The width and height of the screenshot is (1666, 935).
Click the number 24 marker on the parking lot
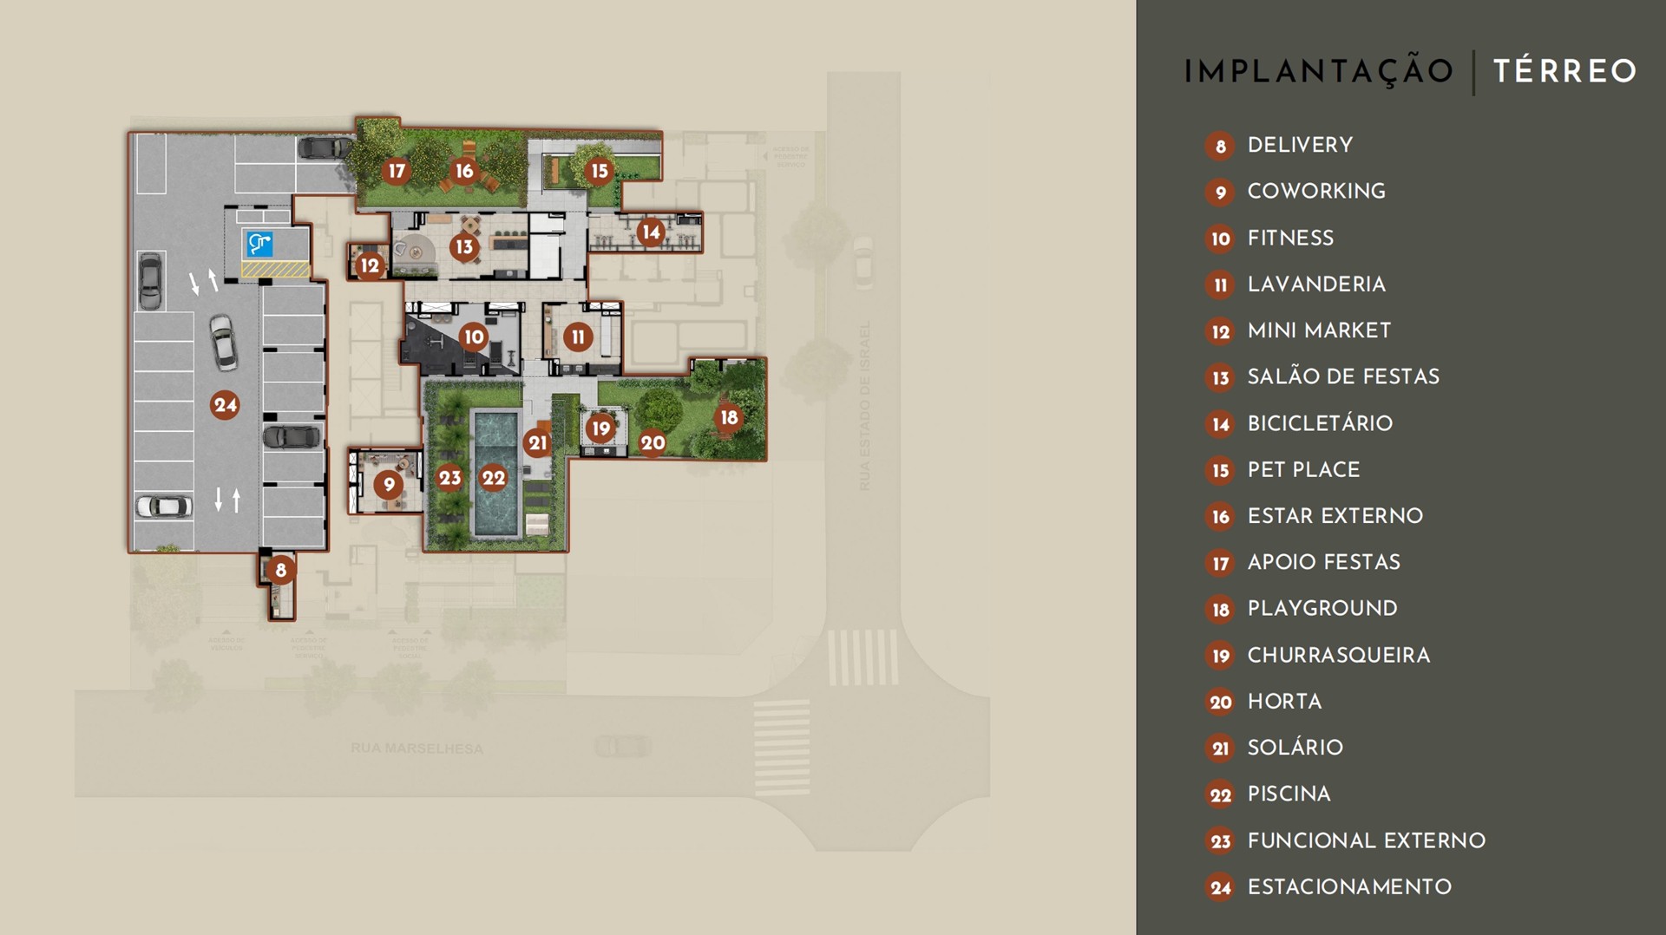(225, 404)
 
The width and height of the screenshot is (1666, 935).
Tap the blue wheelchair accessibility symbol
(259, 244)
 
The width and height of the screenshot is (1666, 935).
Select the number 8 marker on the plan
(280, 570)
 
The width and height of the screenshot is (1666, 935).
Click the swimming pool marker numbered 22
(494, 477)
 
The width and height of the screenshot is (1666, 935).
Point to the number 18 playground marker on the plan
(729, 417)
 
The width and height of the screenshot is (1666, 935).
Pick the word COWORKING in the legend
(1315, 191)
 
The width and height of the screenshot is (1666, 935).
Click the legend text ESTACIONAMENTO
(1348, 886)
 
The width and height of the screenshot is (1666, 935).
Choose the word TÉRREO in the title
(1564, 71)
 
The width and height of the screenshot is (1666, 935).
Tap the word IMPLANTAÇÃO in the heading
(1318, 71)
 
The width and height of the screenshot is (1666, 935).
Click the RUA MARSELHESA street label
(416, 748)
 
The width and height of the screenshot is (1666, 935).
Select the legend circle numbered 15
(1220, 470)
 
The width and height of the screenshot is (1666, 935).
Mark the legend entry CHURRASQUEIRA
(1338, 655)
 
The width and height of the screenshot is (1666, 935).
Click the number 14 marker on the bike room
(651, 232)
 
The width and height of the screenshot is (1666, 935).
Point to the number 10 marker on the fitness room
(474, 337)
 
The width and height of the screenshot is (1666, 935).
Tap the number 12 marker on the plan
(371, 265)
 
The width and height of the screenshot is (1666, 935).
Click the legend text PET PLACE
(1303, 469)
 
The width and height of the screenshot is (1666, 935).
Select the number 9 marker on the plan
(389, 485)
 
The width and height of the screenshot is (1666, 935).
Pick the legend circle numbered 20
(1220, 702)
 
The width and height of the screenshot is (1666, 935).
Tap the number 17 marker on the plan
(397, 171)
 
